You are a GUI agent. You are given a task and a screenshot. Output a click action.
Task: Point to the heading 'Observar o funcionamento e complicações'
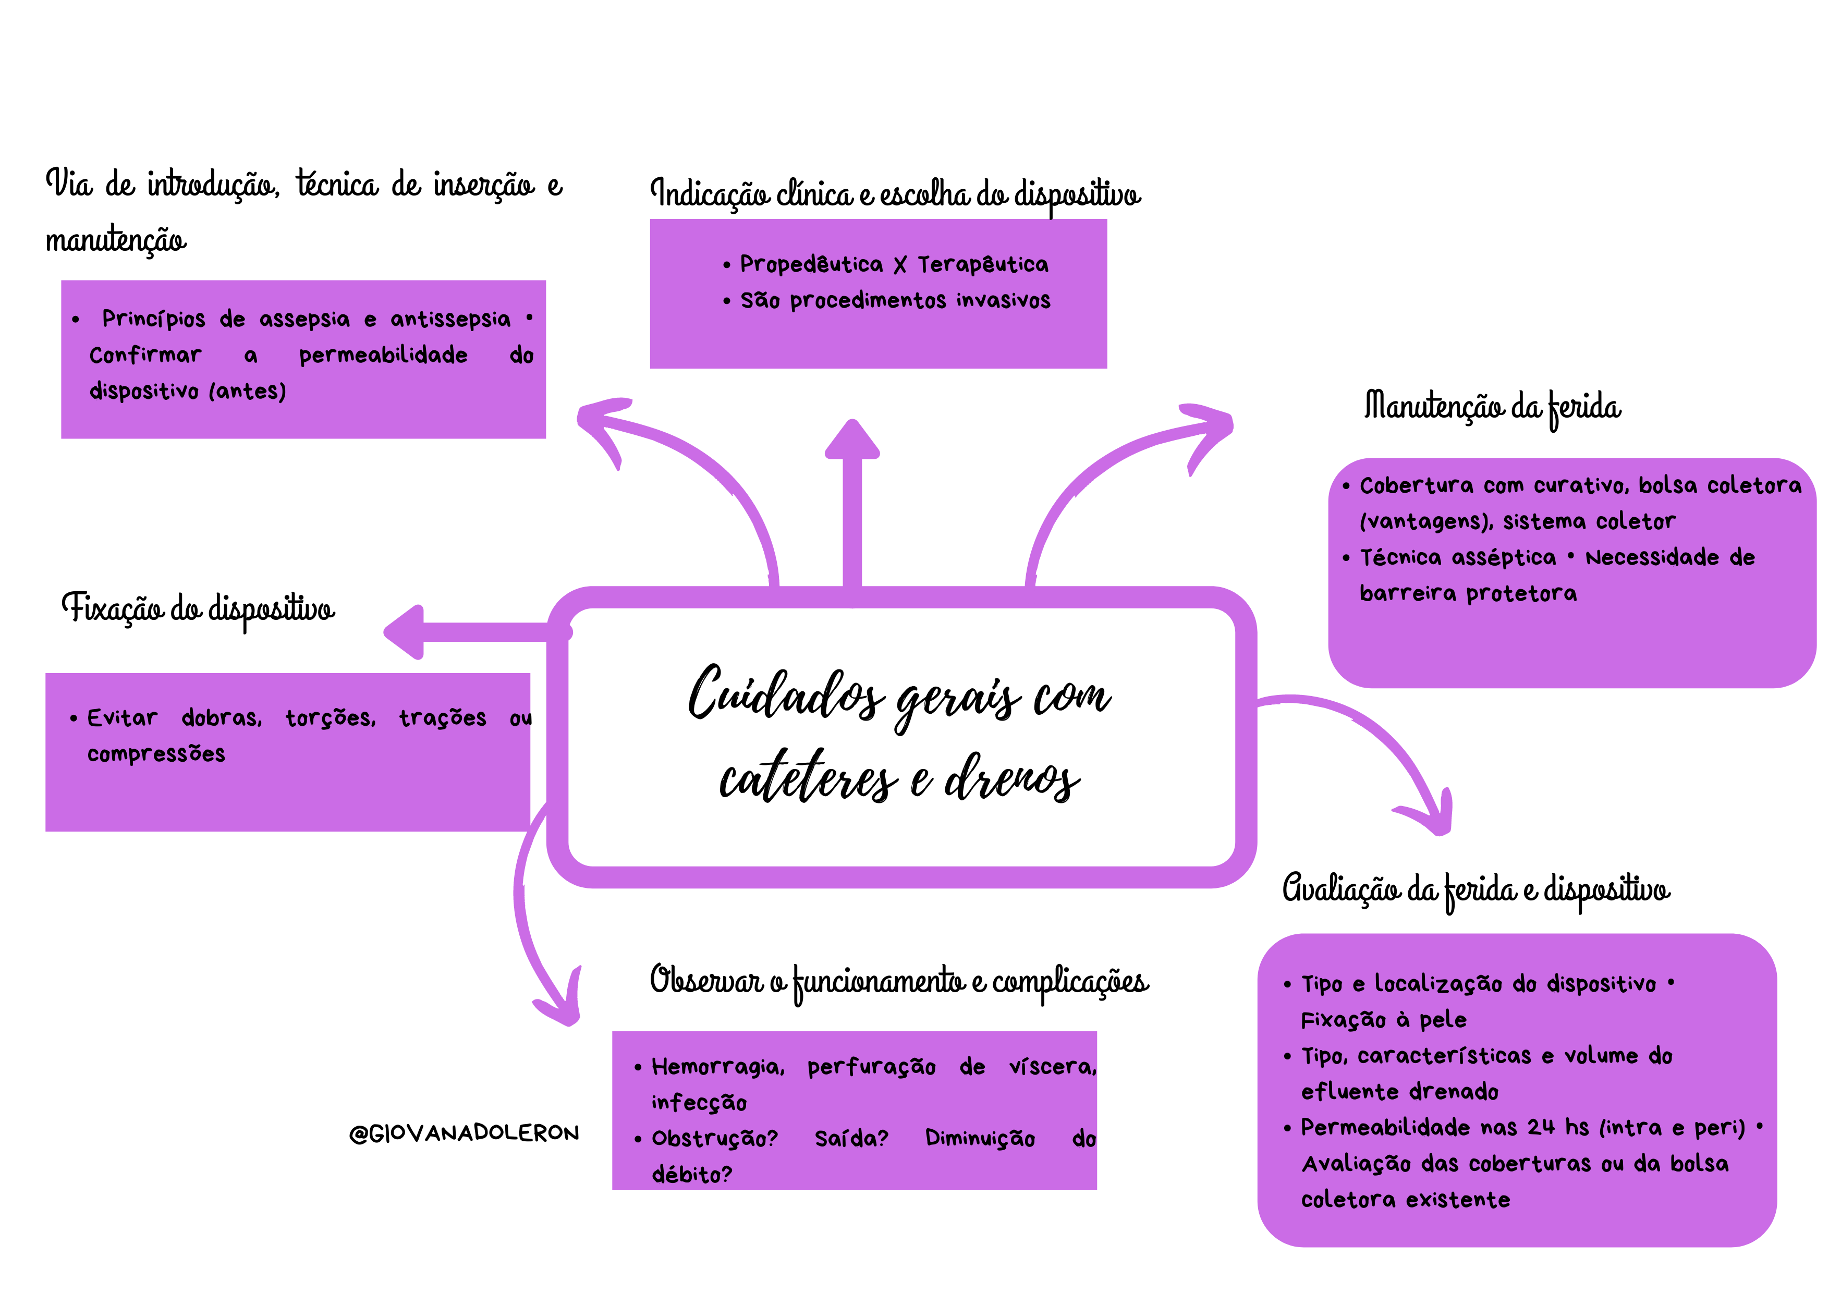(x=898, y=982)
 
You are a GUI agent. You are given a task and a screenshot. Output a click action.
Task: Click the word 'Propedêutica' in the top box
(x=811, y=264)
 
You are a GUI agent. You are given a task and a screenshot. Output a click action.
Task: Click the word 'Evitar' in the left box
(x=122, y=718)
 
